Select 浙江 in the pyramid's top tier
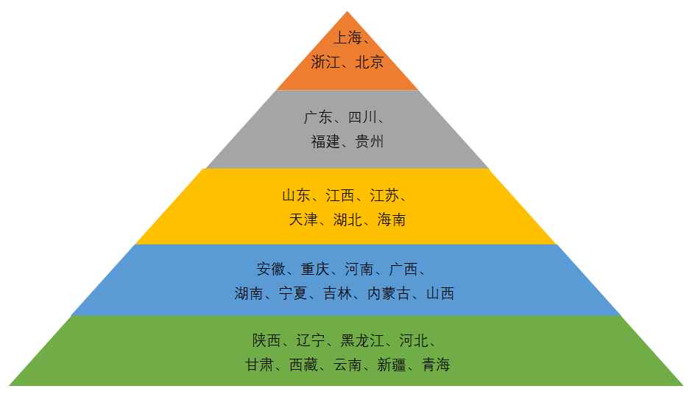[x=325, y=63]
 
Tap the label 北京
[x=370, y=63]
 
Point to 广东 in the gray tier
[x=318, y=118]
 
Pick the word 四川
[x=362, y=118]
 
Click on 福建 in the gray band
[x=325, y=141]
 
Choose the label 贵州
[x=370, y=141]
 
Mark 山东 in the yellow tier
[x=296, y=196]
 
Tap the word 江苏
[x=384, y=196]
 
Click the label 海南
[x=392, y=220]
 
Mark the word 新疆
[x=392, y=365]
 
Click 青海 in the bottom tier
[x=436, y=365]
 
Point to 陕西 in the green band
[x=266, y=340]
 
